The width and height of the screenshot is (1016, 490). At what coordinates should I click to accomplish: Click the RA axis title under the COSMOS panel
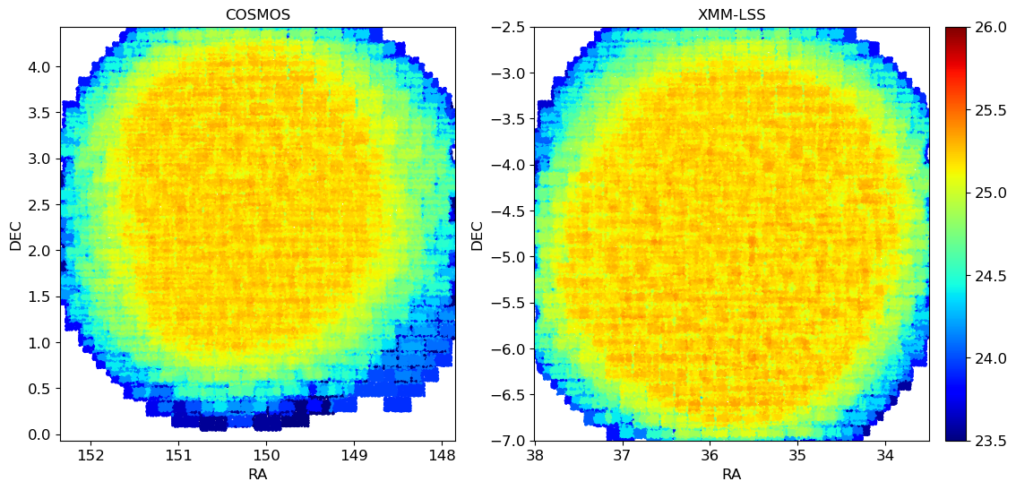[257, 474]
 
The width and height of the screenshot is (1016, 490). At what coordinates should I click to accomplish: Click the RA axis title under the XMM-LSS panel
[732, 474]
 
